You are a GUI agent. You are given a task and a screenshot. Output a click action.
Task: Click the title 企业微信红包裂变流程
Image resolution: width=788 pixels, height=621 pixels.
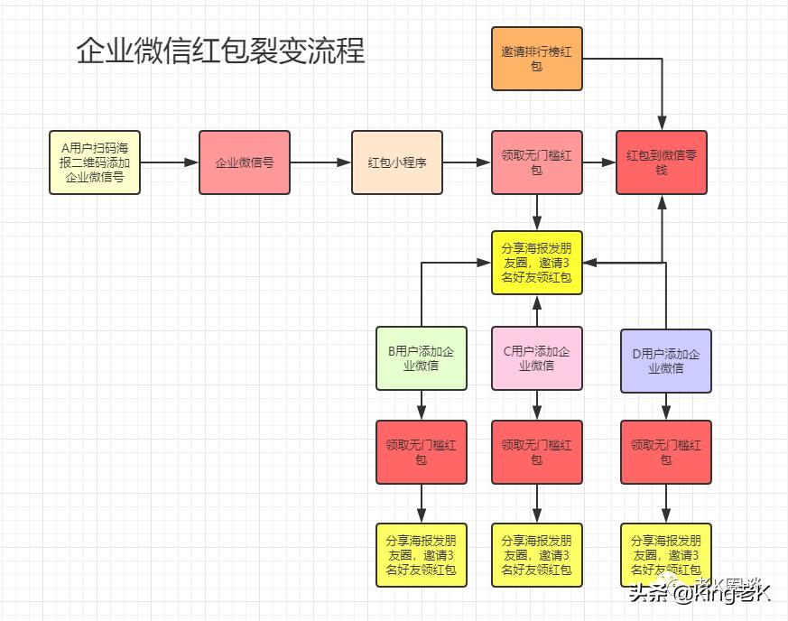point(220,51)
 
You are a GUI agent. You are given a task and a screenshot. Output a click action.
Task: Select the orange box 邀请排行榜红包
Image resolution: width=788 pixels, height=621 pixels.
point(537,59)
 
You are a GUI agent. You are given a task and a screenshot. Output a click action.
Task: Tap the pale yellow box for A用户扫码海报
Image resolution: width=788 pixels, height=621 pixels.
point(95,162)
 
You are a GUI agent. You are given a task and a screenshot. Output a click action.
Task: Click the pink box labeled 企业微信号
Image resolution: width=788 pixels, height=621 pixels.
point(245,162)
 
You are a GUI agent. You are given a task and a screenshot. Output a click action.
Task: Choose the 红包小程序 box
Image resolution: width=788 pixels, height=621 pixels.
point(397,162)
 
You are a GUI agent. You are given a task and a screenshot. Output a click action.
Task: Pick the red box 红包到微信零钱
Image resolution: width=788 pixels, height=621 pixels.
point(662,162)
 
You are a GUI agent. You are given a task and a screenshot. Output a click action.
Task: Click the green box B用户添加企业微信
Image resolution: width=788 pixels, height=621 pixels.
point(422,358)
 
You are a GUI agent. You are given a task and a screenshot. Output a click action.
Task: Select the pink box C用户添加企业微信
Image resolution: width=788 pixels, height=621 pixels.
point(537,358)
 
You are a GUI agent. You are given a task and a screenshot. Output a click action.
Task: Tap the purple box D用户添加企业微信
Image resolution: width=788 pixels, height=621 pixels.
point(666,361)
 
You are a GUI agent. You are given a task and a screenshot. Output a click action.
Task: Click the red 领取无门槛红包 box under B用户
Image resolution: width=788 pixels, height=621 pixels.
point(422,451)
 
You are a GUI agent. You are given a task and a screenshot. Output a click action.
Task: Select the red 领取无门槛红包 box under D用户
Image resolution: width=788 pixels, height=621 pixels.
point(666,451)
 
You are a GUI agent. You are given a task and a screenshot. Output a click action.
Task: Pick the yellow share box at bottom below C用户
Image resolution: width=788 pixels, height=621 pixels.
point(537,554)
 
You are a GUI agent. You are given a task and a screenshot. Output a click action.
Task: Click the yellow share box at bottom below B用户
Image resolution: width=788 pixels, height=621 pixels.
point(422,554)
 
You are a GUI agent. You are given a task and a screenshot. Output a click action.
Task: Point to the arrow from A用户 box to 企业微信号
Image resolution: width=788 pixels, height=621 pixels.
point(169,162)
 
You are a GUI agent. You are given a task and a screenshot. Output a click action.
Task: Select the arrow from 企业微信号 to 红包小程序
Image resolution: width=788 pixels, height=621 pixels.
point(320,162)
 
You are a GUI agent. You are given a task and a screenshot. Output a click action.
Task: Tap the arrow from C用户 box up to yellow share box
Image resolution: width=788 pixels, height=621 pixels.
point(537,310)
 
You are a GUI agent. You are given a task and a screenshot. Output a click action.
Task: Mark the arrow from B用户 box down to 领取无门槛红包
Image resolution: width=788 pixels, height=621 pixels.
point(422,404)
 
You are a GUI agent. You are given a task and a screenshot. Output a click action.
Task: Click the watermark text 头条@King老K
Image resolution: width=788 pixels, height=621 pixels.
point(700,593)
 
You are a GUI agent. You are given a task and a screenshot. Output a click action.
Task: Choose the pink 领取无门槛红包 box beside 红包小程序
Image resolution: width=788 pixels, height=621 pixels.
point(537,162)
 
